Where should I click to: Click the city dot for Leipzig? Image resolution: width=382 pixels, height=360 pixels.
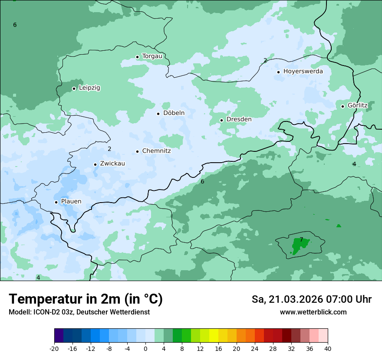click(74, 88)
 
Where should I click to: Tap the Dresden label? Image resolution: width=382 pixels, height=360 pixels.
click(239, 119)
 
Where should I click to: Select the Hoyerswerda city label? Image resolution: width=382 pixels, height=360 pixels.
click(303, 71)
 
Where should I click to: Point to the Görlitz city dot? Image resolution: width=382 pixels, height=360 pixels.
click(342, 106)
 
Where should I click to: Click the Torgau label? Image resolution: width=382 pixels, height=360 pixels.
click(152, 56)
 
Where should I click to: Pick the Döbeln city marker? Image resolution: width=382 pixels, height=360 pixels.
click(158, 114)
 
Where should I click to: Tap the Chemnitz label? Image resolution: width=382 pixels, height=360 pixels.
click(156, 151)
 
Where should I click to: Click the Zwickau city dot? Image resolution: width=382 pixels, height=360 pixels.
click(95, 164)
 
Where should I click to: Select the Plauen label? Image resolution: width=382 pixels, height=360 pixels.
click(71, 202)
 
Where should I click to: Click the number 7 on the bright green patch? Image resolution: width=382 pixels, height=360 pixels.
click(301, 239)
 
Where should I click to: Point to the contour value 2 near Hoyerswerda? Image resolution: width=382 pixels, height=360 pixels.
click(265, 60)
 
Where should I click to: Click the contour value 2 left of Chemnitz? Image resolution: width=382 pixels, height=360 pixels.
click(109, 149)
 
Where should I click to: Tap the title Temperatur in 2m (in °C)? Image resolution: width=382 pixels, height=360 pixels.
click(86, 299)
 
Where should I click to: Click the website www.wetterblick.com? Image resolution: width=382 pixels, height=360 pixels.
click(313, 312)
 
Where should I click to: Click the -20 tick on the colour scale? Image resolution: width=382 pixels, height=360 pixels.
click(54, 348)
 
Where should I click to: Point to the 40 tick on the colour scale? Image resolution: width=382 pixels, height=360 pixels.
click(327, 348)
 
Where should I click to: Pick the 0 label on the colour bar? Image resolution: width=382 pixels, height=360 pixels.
click(145, 348)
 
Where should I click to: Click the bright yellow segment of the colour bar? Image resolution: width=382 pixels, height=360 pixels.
click(214, 336)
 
